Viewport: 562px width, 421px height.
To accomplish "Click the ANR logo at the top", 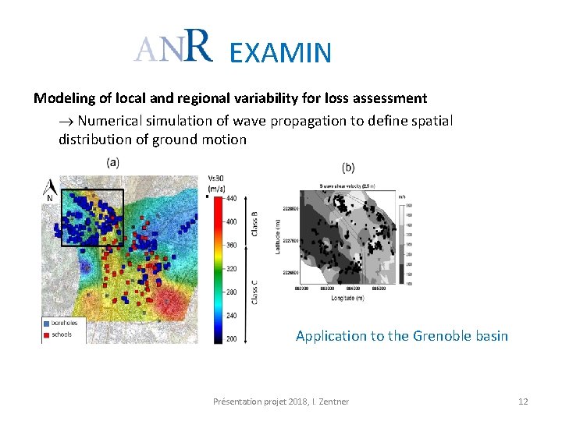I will [173, 48].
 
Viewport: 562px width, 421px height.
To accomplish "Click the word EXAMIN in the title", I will [281, 52].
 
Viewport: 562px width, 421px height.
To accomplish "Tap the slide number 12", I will [523, 402].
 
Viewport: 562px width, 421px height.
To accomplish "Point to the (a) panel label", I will [113, 162].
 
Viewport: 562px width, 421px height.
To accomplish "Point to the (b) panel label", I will [349, 167].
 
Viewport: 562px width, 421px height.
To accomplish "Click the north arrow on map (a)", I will [50, 188].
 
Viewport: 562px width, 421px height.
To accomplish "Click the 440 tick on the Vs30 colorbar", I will [231, 199].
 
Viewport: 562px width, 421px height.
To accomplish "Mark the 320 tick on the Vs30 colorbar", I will [231, 269].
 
